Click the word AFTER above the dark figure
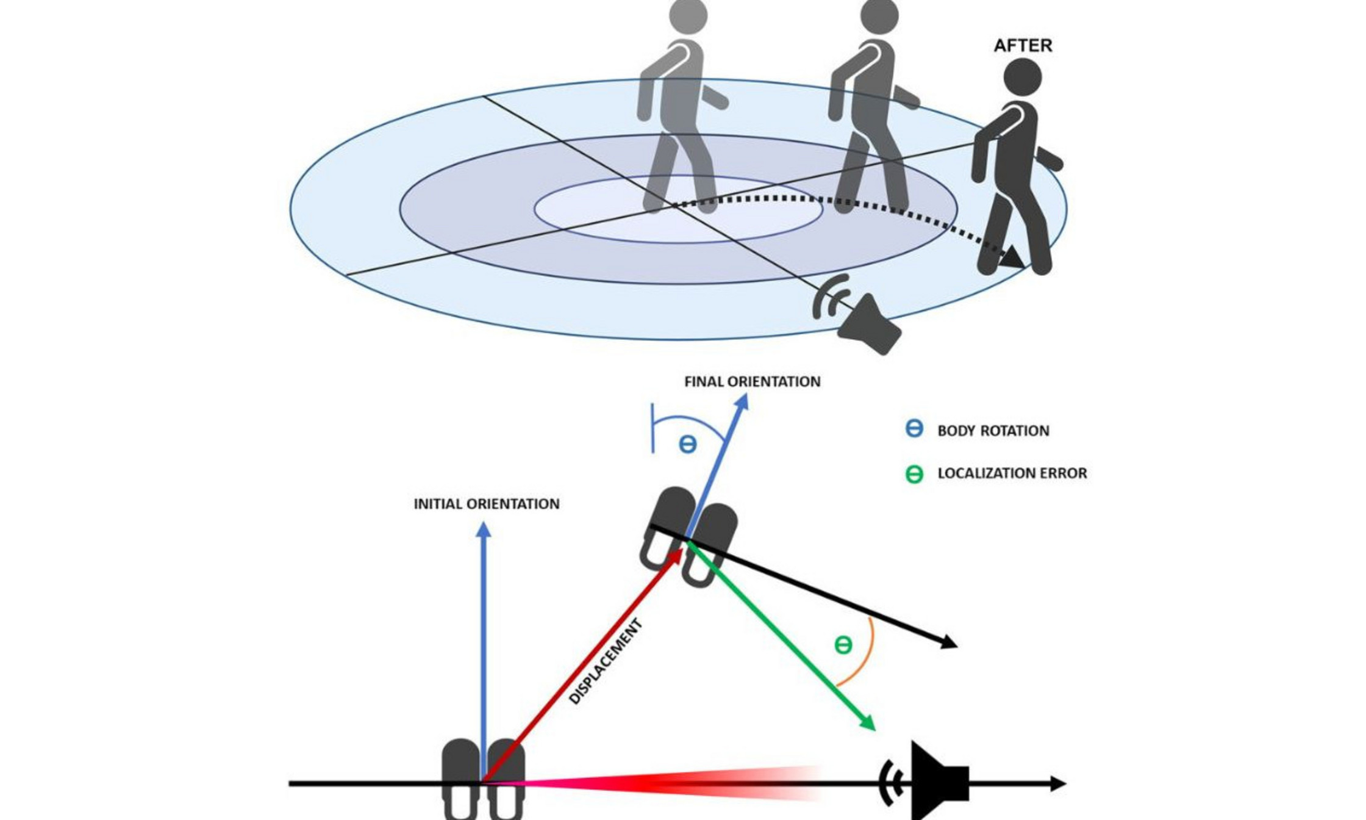tap(1023, 46)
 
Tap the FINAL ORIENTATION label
tap(752, 382)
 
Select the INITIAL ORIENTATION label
tap(486, 504)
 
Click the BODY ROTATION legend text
tap(993, 431)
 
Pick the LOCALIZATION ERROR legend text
tap(1012, 473)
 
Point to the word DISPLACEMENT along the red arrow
tap(606, 662)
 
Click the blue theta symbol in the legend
tap(914, 429)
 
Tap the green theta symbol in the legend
tap(914, 474)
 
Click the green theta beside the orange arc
tap(843, 645)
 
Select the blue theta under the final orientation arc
tap(687, 444)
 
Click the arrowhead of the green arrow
tap(868, 724)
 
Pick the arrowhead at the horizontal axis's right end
tap(1058, 783)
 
